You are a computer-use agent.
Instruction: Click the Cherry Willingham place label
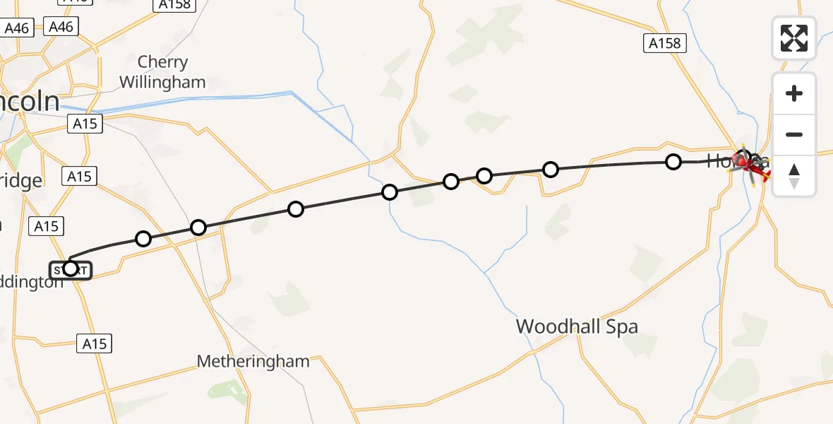tap(162, 72)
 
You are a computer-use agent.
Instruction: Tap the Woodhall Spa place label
tap(577, 326)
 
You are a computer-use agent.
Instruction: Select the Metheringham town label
tap(253, 362)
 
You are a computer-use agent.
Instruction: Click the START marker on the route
tap(70, 269)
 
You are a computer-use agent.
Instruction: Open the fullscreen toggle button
tap(794, 38)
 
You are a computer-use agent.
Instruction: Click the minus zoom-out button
tap(794, 134)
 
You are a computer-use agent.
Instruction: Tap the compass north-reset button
tap(794, 176)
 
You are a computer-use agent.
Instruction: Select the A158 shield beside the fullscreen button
tap(665, 44)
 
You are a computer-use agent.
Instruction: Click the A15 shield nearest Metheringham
tap(94, 344)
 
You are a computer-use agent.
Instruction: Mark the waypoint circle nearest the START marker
tap(143, 239)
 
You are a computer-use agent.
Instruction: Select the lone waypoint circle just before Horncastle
tap(673, 162)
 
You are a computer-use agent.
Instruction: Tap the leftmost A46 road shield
tap(16, 28)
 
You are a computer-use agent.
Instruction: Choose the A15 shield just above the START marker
tap(46, 226)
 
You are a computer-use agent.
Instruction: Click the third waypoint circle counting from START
tap(296, 209)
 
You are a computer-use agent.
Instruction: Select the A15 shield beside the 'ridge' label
tap(80, 176)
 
